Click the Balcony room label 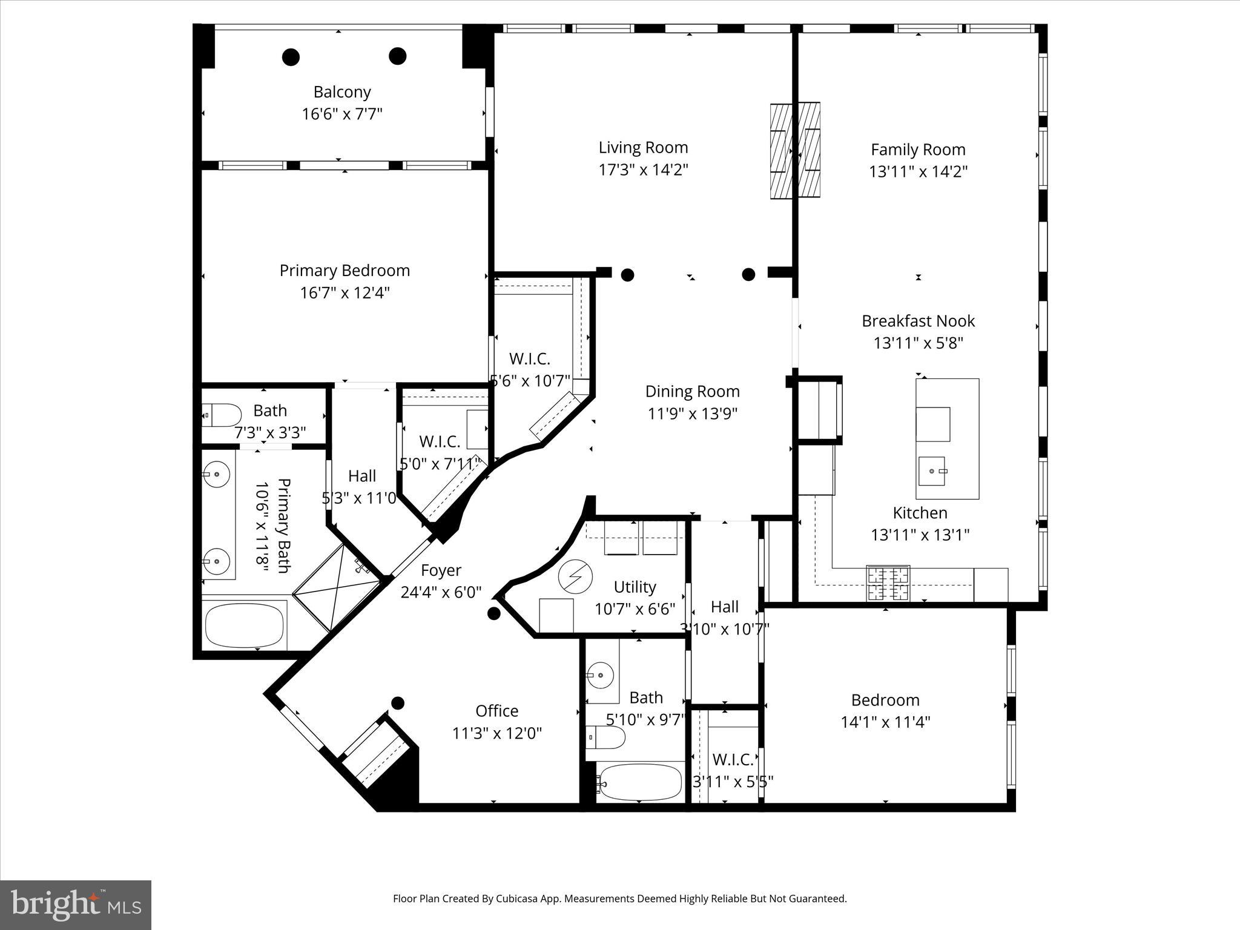click(x=342, y=92)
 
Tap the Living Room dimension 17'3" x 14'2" click(x=643, y=170)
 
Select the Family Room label click(x=918, y=150)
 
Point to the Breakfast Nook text click(x=918, y=321)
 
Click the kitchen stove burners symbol click(x=888, y=582)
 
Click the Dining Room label click(x=692, y=391)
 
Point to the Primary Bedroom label click(x=345, y=271)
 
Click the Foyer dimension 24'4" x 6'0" click(x=441, y=592)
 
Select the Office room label click(x=496, y=711)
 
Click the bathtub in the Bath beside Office click(x=639, y=782)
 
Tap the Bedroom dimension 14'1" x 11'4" click(x=885, y=722)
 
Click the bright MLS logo click(x=76, y=905)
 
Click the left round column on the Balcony click(x=291, y=57)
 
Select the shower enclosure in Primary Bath click(x=339, y=587)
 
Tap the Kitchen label click(x=920, y=513)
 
